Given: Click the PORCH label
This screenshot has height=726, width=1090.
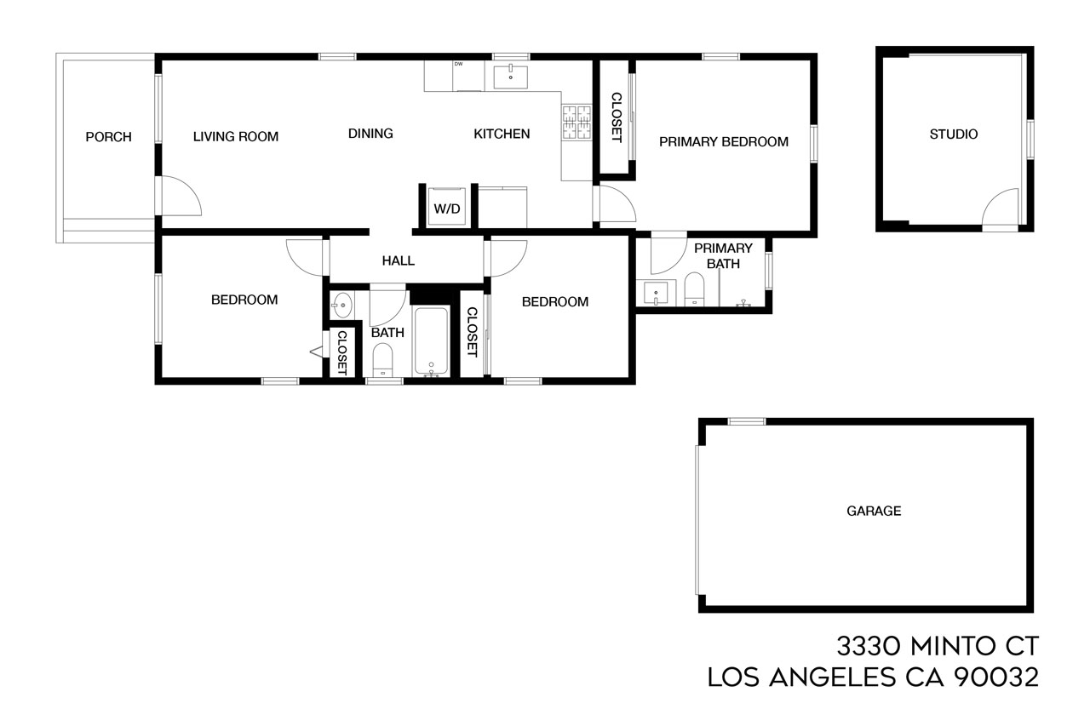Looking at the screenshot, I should point(108,137).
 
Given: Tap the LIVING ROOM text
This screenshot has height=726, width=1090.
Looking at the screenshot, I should point(235,136).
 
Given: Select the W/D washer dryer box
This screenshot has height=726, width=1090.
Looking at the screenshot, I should point(447,207).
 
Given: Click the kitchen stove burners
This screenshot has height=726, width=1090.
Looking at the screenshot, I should point(577,123).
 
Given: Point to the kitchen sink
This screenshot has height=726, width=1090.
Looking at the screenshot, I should point(510,76).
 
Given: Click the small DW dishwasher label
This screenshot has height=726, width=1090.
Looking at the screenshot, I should point(458,65).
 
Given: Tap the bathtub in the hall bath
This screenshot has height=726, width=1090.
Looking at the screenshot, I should point(433,341).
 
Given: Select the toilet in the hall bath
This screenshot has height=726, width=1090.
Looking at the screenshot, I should point(382,359).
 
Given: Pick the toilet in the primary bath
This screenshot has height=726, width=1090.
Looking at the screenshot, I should point(696,289).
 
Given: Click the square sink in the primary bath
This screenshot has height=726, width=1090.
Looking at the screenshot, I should point(657,293).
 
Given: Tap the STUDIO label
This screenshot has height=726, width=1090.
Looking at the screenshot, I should point(953,134).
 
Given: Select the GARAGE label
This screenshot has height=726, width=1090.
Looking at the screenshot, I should point(873,512).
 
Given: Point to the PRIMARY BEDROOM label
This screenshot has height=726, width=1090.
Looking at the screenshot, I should point(723,142).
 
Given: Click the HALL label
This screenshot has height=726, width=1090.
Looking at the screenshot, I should point(398,260).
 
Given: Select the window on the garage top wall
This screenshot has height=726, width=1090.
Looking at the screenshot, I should point(746,421).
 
